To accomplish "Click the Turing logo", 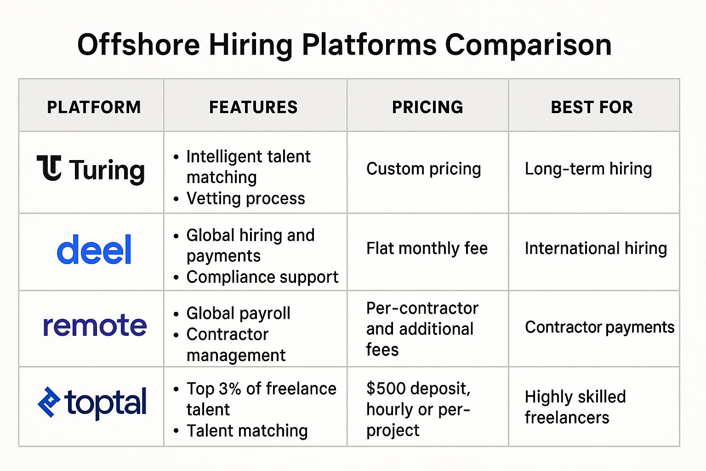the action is pyautogui.click(x=91, y=169).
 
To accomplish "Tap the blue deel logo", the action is pyautogui.click(x=94, y=249).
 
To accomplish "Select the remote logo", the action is pyautogui.click(x=95, y=325).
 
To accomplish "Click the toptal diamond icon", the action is pyautogui.click(x=49, y=402).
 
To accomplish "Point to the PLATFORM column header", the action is pyautogui.click(x=94, y=107).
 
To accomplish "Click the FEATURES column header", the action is pyautogui.click(x=253, y=107).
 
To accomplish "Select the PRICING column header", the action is pyautogui.click(x=428, y=107).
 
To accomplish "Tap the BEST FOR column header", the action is pyautogui.click(x=592, y=107).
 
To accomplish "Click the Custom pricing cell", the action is pyautogui.click(x=424, y=169).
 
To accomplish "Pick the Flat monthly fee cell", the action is pyautogui.click(x=427, y=248).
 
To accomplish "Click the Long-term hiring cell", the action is pyautogui.click(x=588, y=169).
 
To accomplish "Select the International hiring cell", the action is pyautogui.click(x=596, y=248).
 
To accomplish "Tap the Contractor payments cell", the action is pyautogui.click(x=600, y=327).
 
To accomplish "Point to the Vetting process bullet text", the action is pyautogui.click(x=246, y=198).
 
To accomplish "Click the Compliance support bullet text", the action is pyautogui.click(x=262, y=277).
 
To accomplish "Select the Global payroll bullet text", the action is pyautogui.click(x=238, y=314).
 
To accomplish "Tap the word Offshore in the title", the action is pyautogui.click(x=139, y=45).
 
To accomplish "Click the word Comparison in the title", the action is pyautogui.click(x=528, y=45).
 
